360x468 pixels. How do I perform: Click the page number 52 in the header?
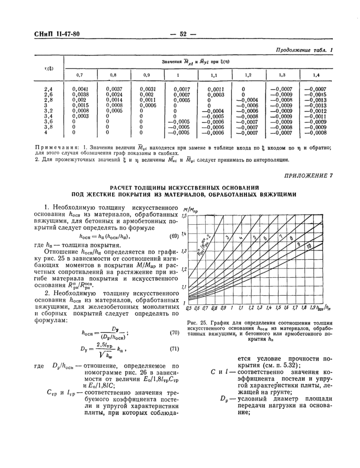(182, 34)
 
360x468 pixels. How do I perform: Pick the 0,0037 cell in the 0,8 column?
(114, 89)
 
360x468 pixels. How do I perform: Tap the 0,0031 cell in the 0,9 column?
(147, 89)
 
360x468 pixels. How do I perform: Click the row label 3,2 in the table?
(48, 111)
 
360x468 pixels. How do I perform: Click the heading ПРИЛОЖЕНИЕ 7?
(308, 176)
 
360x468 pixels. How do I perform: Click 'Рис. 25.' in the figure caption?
(196, 322)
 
